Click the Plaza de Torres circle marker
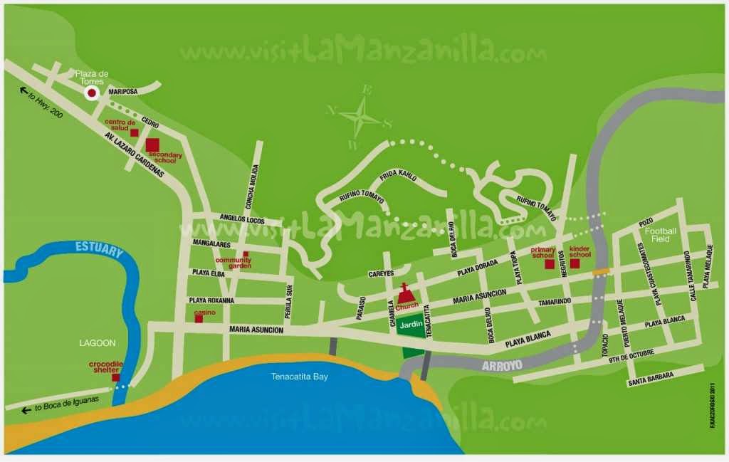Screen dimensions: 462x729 coord(92,93)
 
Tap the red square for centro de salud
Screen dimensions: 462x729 coord(134,132)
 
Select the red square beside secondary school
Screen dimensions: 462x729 coord(152,145)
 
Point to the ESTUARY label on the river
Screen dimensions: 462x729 coord(100,249)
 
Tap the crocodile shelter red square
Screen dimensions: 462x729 coord(115,377)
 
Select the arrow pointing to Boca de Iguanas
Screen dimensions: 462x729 coord(26,409)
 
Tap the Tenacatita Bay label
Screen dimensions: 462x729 coord(300,377)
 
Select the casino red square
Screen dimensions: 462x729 coord(199,319)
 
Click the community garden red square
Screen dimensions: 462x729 coord(246,254)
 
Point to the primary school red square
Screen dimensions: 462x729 coord(550,265)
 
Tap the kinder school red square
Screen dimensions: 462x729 coord(575,264)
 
